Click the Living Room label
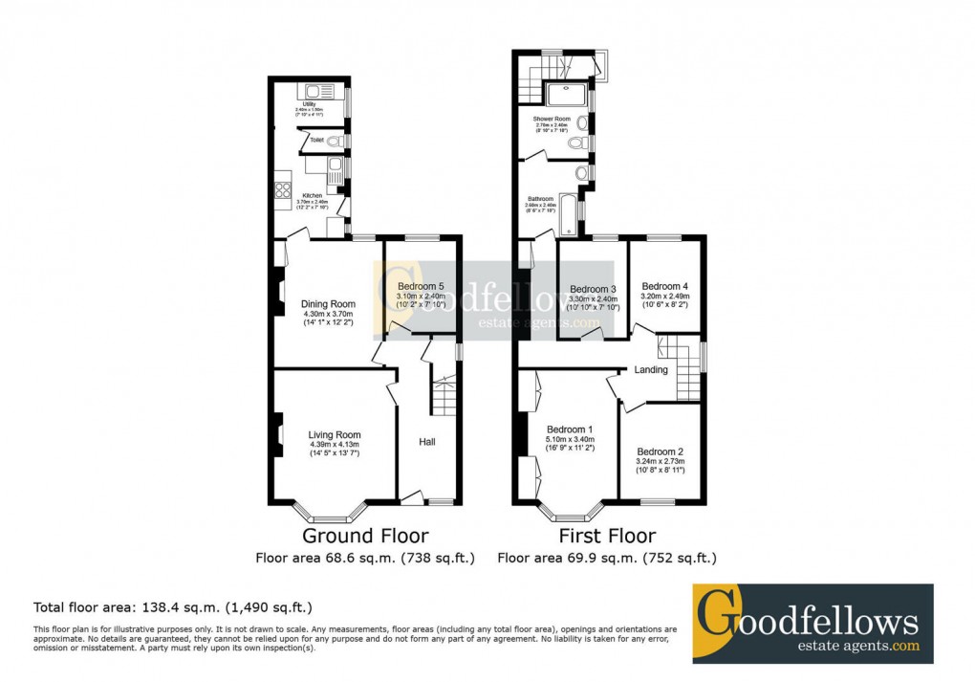click(x=335, y=435)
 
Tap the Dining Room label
click(x=329, y=304)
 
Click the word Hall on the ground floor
click(x=427, y=442)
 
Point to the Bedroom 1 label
click(x=570, y=429)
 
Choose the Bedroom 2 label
click(x=661, y=451)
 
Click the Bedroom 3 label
click(x=593, y=290)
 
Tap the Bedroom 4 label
click(x=664, y=286)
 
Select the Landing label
click(x=651, y=370)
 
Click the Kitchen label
click(x=313, y=196)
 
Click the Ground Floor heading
click(x=365, y=536)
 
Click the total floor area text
click(x=173, y=607)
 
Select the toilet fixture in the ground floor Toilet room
click(x=334, y=142)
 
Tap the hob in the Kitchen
click(x=283, y=188)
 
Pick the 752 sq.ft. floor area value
click(x=682, y=558)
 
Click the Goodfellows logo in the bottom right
click(x=812, y=623)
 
